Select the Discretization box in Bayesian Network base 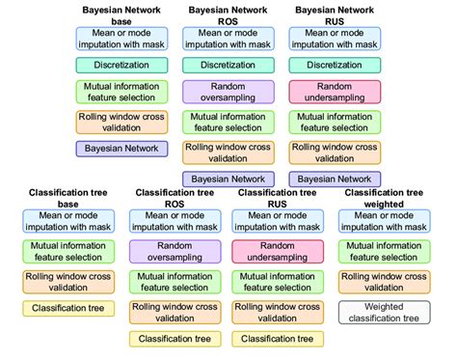coord(121,66)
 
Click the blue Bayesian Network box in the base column coord(121,149)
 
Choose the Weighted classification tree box coord(384,311)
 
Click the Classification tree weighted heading coord(384,199)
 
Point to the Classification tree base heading coord(67,199)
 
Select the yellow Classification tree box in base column coord(67,309)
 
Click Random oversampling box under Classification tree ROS coord(175,253)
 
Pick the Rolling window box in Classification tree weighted coord(384,281)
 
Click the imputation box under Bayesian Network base coord(121,39)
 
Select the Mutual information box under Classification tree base coord(67,253)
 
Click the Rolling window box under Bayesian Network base coord(121,122)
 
